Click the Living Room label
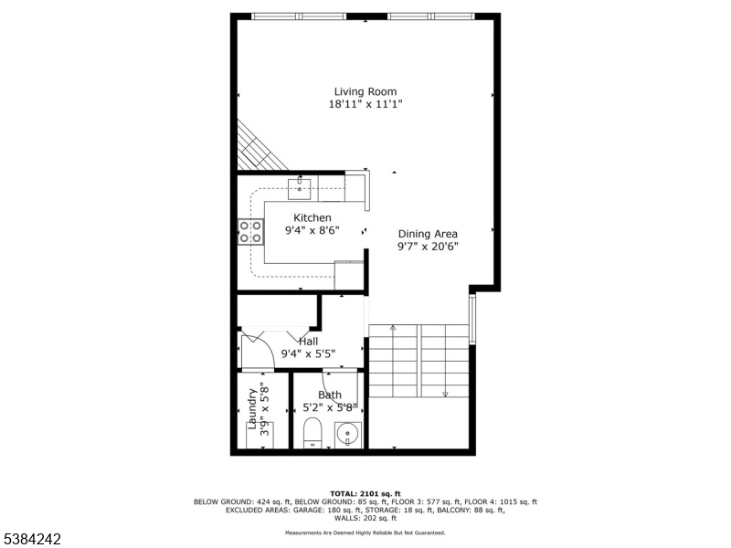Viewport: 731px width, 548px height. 365,92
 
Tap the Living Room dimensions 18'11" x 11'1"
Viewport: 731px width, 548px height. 365,104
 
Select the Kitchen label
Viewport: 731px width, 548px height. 313,217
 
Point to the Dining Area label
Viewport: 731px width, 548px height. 428,234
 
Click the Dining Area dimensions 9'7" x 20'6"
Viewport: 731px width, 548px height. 428,247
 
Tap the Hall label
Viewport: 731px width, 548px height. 308,342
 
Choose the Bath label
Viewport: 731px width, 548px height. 330,395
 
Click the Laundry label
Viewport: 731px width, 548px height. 252,408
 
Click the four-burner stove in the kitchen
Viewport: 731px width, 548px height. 250,232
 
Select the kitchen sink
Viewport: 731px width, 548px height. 300,188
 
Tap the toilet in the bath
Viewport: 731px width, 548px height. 313,433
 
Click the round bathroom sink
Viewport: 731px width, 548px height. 348,435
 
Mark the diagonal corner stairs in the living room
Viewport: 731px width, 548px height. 260,148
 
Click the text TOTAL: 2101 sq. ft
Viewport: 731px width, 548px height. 365,493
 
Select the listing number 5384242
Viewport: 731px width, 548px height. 31,539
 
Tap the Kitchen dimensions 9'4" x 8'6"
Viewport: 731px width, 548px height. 313,230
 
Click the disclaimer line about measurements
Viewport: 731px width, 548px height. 365,532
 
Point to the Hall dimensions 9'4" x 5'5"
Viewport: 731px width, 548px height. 308,354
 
